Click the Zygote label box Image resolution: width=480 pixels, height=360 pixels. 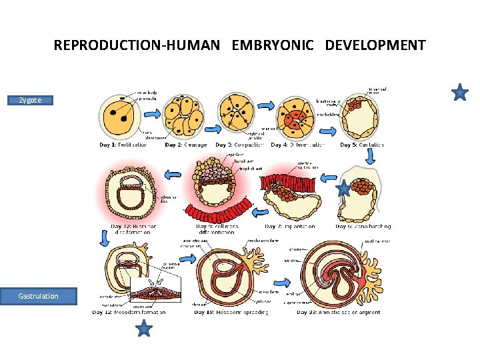(x=30, y=100)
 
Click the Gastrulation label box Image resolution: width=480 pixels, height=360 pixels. (x=38, y=296)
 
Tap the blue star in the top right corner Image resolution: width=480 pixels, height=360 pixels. (x=460, y=93)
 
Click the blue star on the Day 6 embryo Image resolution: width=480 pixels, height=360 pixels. (x=343, y=190)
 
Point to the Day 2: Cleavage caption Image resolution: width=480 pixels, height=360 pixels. (x=186, y=145)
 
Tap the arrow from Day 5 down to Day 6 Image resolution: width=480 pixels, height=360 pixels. (x=370, y=156)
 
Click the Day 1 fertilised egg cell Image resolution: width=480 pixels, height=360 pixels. (x=121, y=114)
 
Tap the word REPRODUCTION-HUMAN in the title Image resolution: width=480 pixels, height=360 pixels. (x=137, y=45)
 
